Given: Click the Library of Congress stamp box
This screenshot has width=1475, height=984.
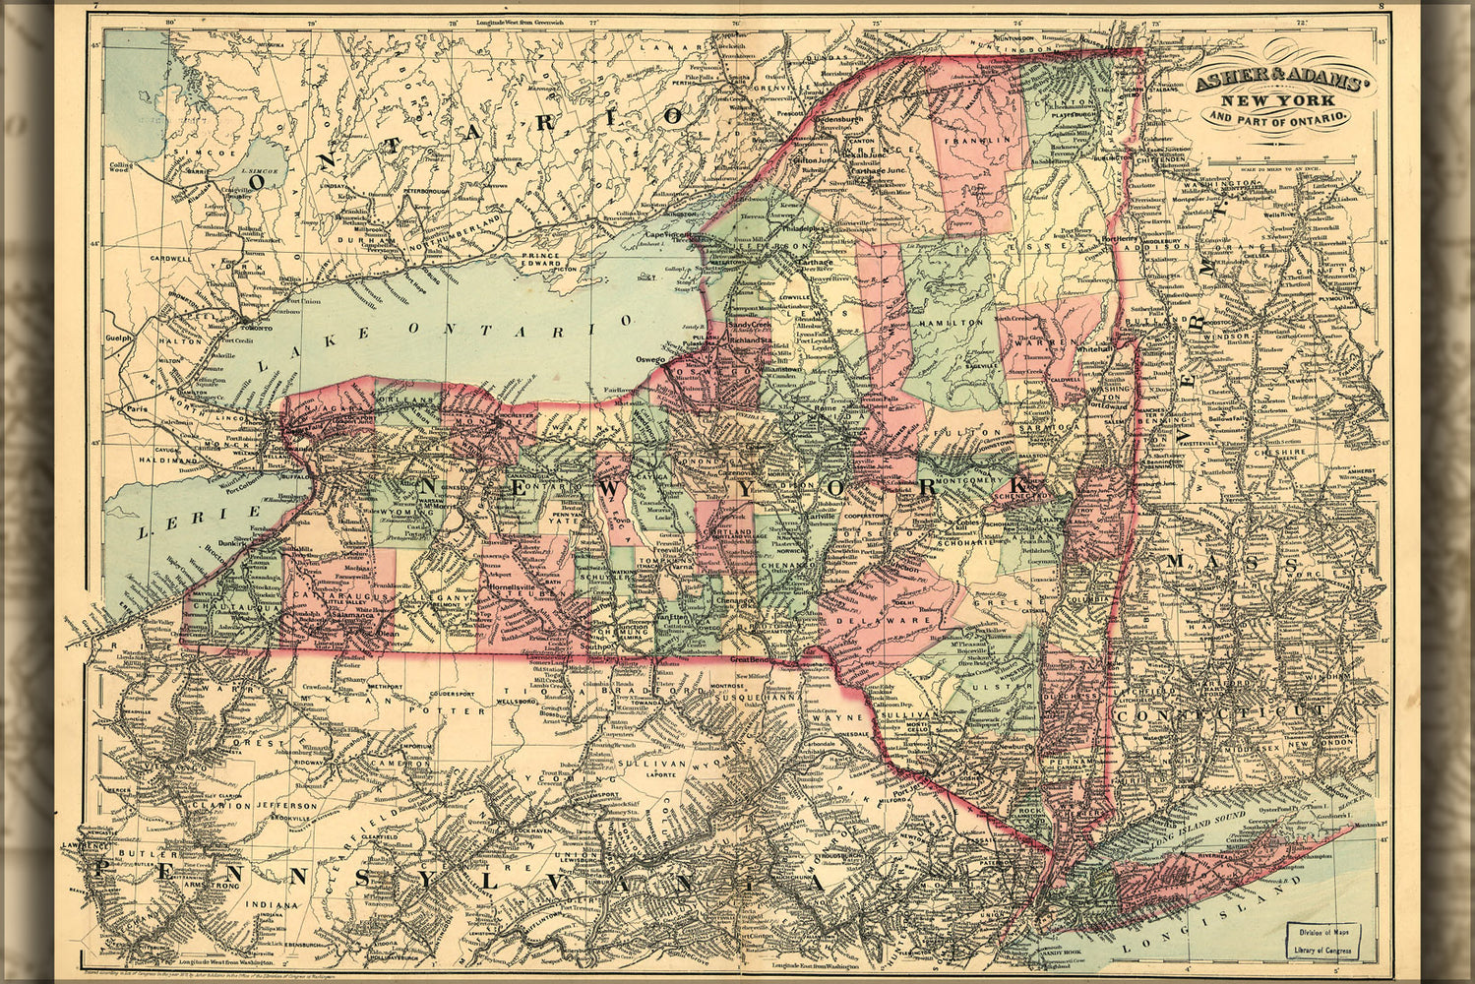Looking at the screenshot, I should [1321, 940].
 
